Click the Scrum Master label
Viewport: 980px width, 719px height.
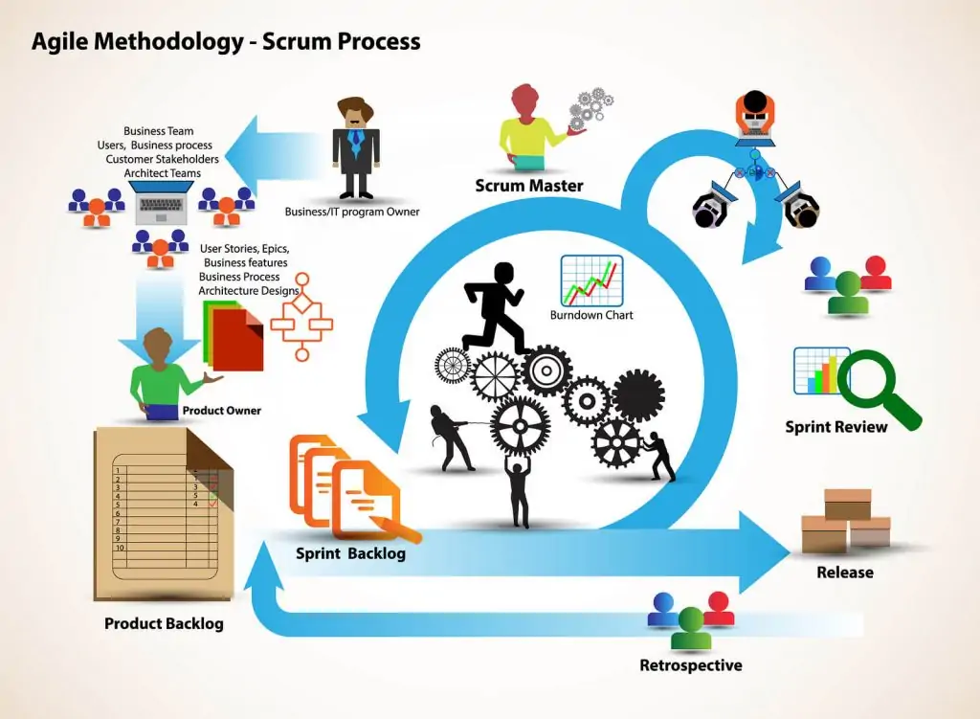[528, 186]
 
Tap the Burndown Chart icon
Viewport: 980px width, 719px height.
[591, 280]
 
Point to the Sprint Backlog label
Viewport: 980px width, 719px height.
[350, 553]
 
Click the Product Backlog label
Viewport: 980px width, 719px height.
[164, 623]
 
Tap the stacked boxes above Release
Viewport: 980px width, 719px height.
[845, 522]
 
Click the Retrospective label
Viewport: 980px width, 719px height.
[690, 665]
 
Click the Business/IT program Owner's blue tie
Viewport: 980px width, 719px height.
[356, 145]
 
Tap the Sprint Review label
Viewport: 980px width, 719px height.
[835, 427]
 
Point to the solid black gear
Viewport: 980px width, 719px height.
[637, 394]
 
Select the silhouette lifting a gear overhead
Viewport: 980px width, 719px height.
[519, 488]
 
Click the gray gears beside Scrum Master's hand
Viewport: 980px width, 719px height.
[591, 109]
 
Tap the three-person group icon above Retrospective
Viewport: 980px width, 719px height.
[690, 619]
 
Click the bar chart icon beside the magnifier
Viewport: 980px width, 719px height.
[821, 371]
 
